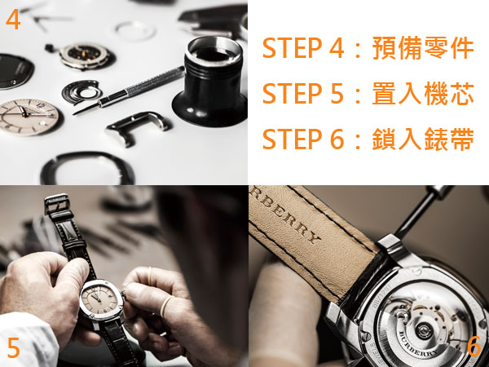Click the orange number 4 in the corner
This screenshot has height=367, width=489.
13,19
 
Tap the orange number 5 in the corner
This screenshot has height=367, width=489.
13,347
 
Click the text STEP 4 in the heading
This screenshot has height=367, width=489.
303,48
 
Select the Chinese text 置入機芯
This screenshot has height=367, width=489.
423,93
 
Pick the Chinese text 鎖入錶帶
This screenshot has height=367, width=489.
423,139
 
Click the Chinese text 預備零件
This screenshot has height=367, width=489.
423,48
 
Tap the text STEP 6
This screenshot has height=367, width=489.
303,139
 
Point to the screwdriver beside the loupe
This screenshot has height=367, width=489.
129,91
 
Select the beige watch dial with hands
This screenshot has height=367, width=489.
29,117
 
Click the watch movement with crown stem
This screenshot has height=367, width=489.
81,55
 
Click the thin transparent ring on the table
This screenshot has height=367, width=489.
135,31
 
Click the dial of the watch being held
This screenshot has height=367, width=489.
99,299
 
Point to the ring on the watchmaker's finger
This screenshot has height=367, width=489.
166,306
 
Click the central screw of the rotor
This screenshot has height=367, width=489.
424,329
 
